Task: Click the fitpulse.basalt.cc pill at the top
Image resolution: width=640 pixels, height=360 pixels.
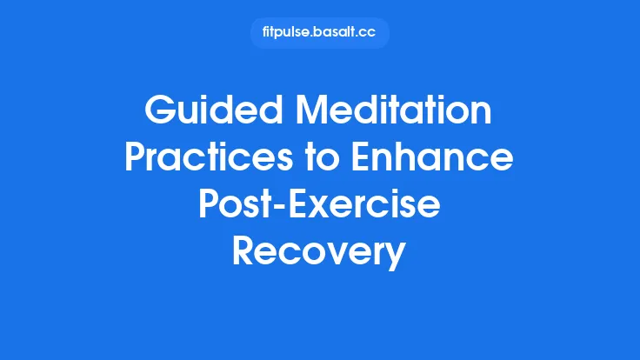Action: pyautogui.click(x=319, y=33)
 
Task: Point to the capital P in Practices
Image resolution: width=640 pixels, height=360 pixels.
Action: pyautogui.click(x=135, y=159)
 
